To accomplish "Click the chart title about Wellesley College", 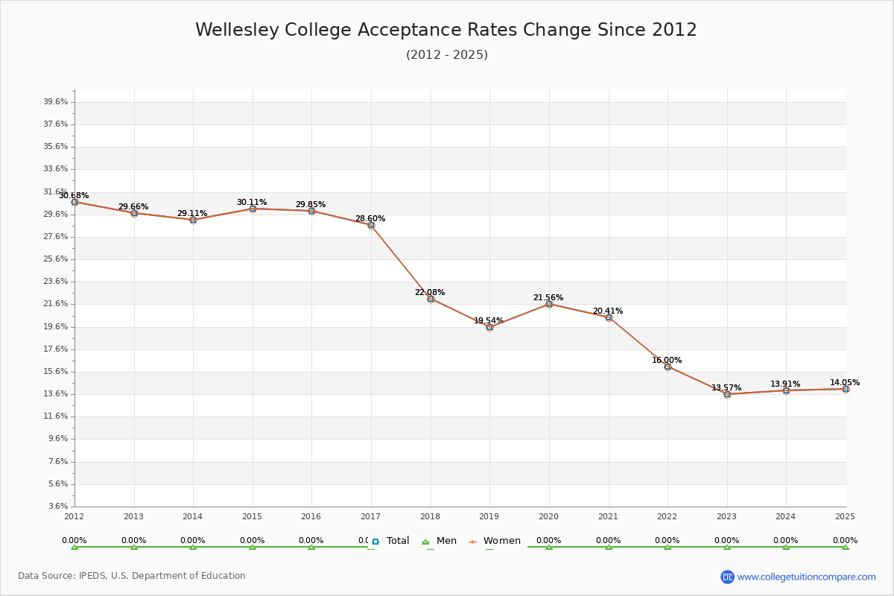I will tap(446, 31).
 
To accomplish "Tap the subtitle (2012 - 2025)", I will tap(446, 55).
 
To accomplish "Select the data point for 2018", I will tap(431, 299).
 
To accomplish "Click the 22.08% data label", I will tap(430, 293).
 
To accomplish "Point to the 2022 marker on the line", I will tap(668, 367).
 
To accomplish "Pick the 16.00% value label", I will tap(667, 361).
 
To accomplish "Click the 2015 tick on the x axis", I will tap(252, 516).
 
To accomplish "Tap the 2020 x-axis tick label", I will tap(548, 516).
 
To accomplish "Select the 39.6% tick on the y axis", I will tap(56, 102).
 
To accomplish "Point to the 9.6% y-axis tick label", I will tap(57, 439).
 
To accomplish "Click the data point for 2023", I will tap(727, 394).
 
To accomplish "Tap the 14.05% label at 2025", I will tap(845, 383).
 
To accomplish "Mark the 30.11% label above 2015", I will tap(252, 203).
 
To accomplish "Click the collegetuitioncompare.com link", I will tap(806, 577).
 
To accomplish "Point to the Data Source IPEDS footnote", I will tap(132, 576).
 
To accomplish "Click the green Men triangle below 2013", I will tap(134, 547).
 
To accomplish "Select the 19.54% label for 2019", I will tap(489, 321).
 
